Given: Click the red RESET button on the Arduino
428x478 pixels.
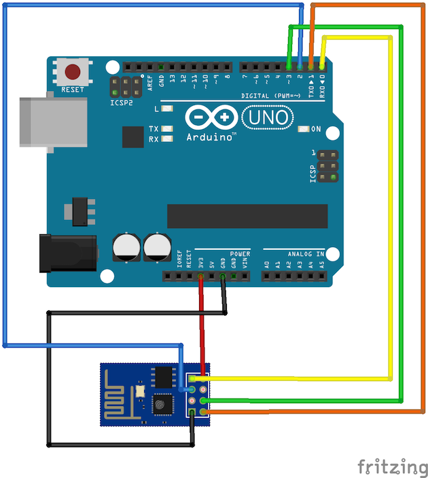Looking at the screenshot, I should click(73, 71).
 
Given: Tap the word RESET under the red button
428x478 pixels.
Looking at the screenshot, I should click(73, 90).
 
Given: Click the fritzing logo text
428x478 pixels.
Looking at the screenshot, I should click(388, 466).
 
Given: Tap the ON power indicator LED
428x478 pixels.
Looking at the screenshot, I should click(302, 128).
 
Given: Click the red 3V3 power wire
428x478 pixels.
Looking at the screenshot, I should click(201, 326).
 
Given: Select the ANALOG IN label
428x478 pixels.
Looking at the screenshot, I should click(306, 254).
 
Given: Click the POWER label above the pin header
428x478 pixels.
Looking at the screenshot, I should click(240, 254).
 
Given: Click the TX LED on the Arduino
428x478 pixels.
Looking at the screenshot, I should click(166, 129).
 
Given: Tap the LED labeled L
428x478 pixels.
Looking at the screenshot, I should click(166, 109).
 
